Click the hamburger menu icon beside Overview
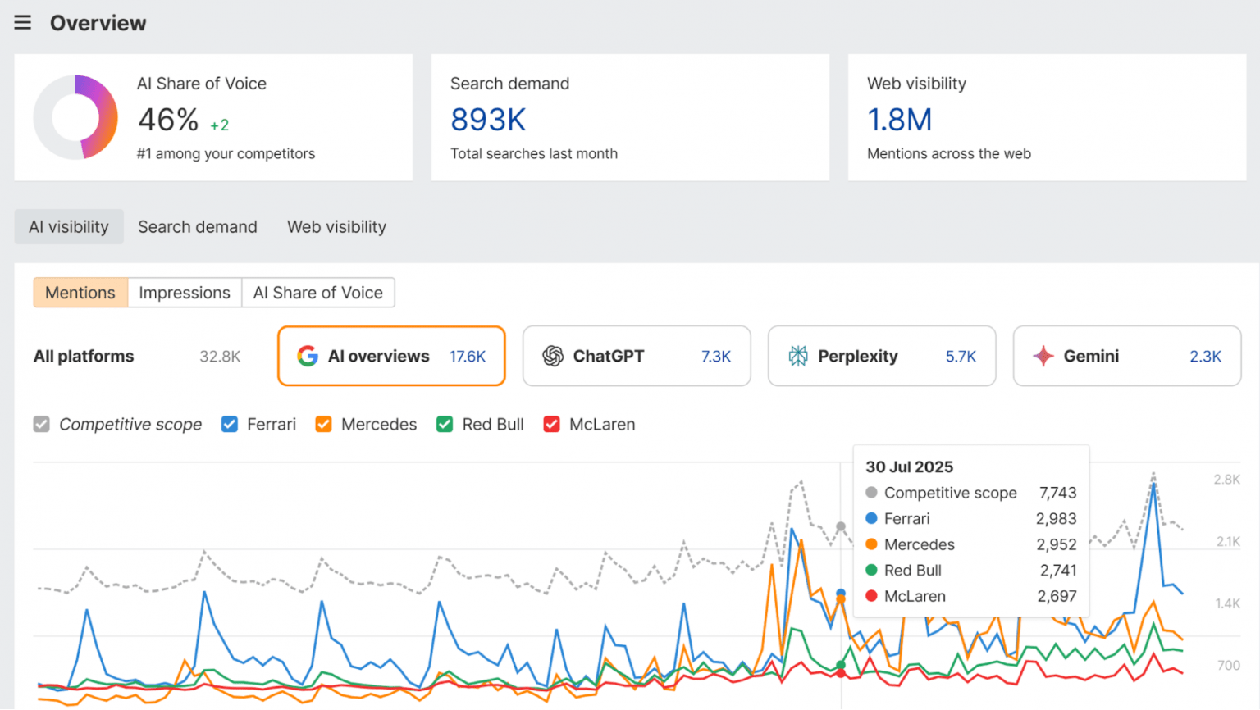pos(22,22)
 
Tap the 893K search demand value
pos(488,120)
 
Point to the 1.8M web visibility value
pos(899,120)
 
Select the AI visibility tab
pos(69,226)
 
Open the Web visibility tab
pos(336,226)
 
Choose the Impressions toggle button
pos(185,293)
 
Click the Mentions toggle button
pos(80,293)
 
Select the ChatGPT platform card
pos(637,356)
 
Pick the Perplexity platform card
pos(882,356)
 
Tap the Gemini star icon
pos(1043,356)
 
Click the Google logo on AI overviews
pos(308,356)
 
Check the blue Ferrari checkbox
pos(230,424)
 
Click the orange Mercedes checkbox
pos(323,424)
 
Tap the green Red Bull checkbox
pos(445,424)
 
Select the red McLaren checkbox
pos(552,424)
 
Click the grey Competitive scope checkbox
pos(42,424)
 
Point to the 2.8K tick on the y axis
pos(1226,480)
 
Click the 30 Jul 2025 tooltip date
pos(910,467)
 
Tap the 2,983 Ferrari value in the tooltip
pos(1057,518)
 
